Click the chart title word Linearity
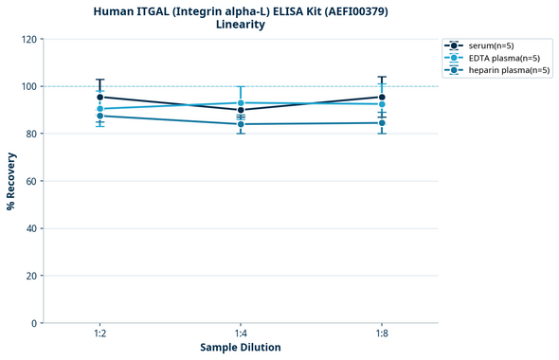(241, 25)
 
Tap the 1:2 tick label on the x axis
(99, 333)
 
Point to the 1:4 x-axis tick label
(241, 333)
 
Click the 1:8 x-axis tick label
(382, 333)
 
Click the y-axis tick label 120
(28, 39)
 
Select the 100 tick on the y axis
(28, 86)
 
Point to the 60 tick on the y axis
(31, 181)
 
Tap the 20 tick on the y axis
(31, 276)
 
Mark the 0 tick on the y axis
(34, 323)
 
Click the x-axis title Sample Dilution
(241, 348)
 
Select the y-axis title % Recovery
(11, 181)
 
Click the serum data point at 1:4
(241, 110)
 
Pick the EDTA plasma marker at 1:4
(241, 102)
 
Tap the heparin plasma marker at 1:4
(241, 124)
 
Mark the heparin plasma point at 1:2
(99, 116)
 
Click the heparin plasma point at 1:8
(382, 123)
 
